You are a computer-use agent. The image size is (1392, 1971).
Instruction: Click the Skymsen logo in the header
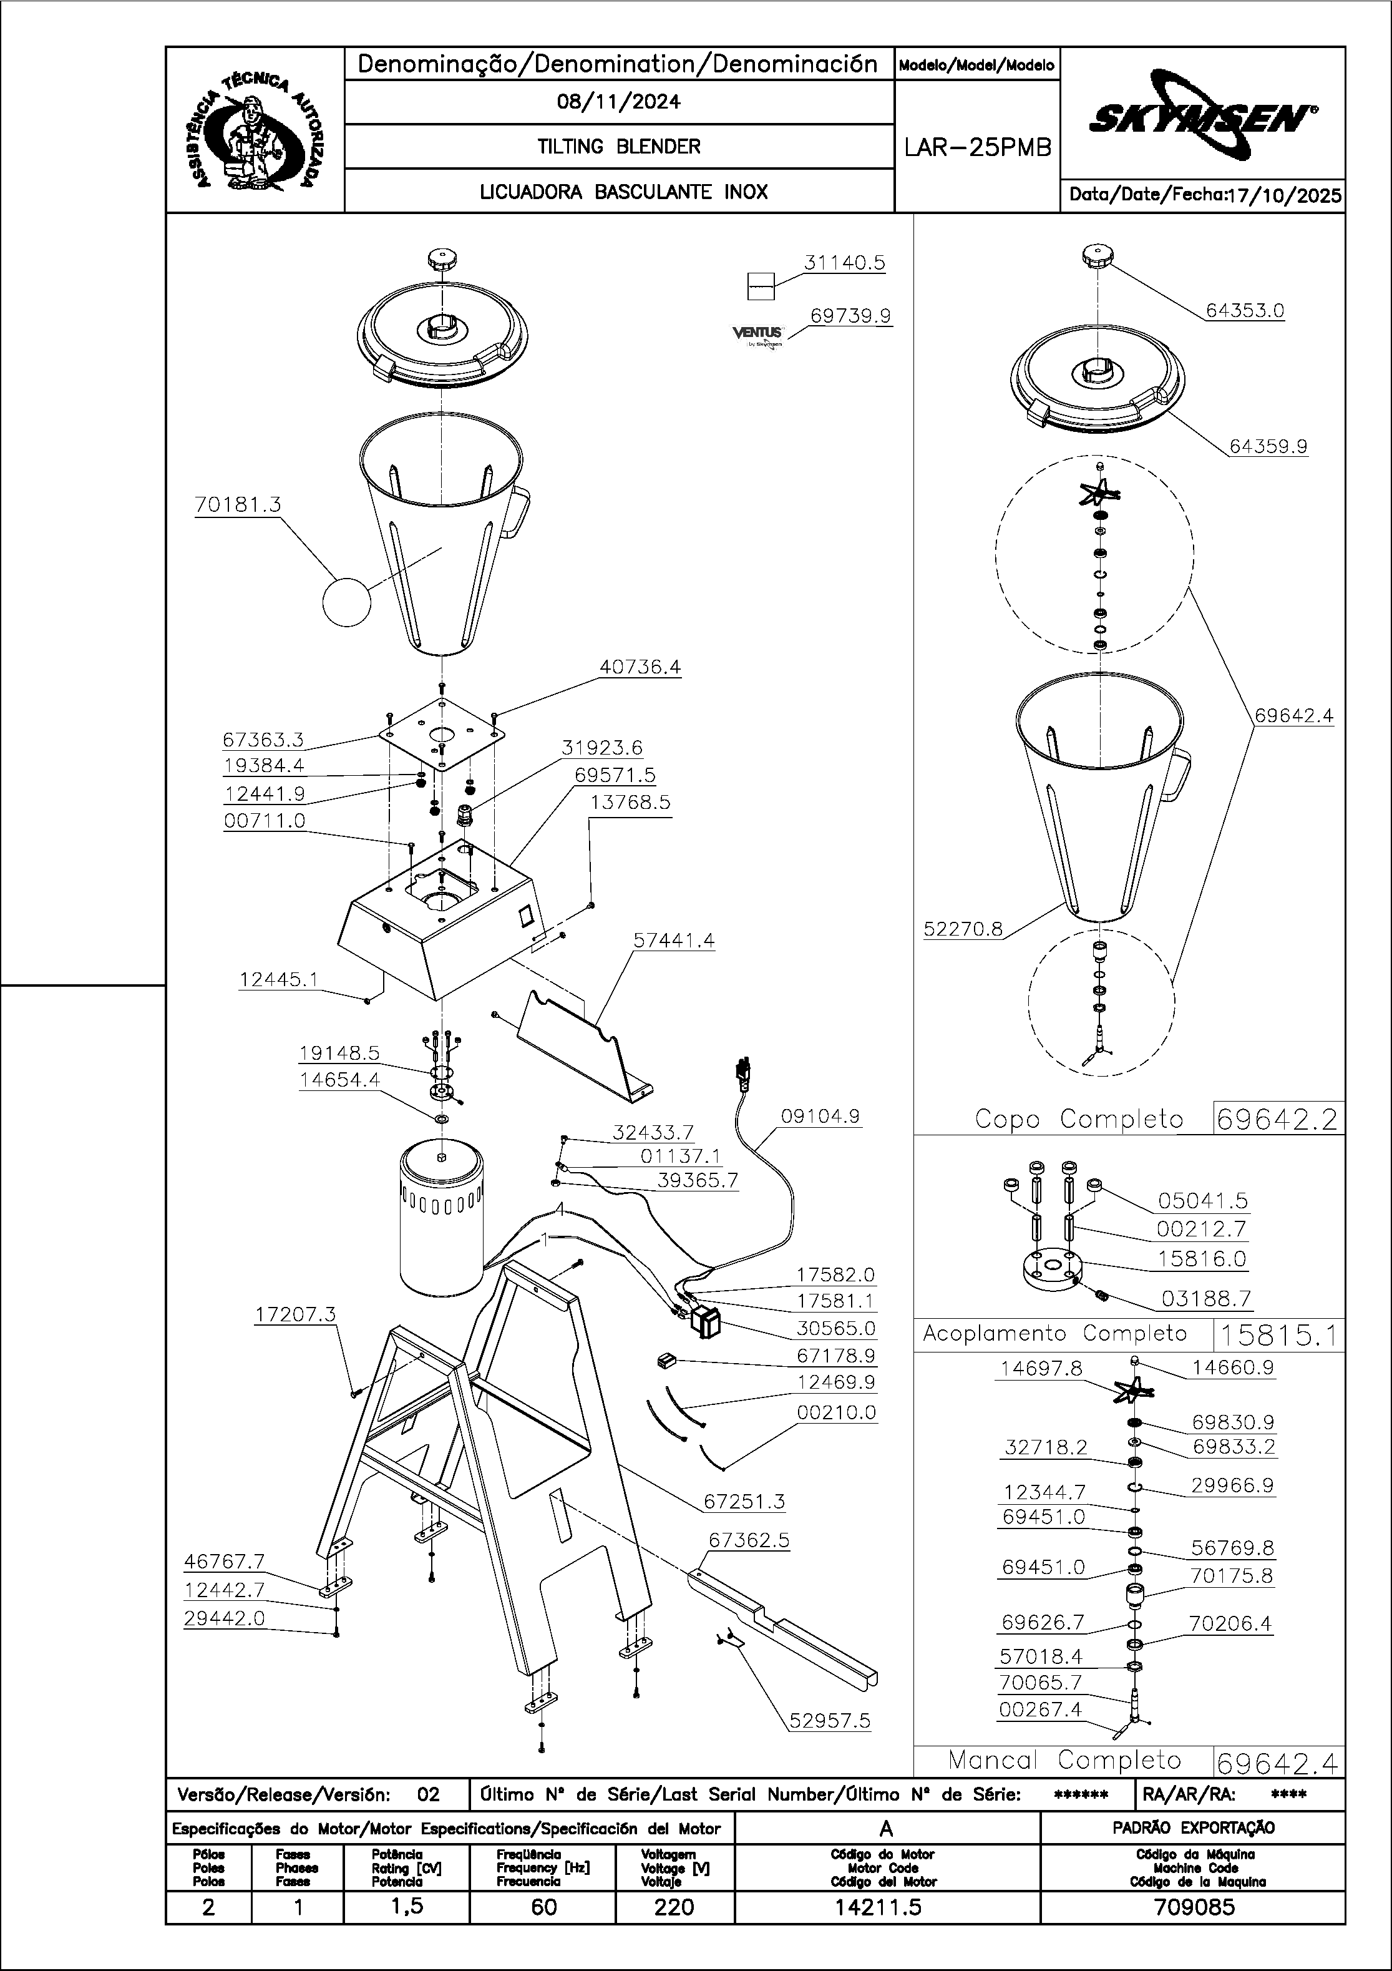click(x=1202, y=115)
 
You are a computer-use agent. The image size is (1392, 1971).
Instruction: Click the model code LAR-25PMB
click(x=978, y=148)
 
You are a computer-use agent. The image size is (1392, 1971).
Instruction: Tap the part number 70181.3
click(x=238, y=505)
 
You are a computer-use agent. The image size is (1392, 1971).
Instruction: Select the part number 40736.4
click(x=640, y=667)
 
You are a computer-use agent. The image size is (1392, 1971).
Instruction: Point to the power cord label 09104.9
click(x=820, y=1116)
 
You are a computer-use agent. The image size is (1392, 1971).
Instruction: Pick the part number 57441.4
click(x=674, y=940)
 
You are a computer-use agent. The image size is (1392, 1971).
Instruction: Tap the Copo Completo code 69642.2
click(x=1277, y=1120)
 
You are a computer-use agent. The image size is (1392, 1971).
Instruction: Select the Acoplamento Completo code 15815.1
click(x=1277, y=1335)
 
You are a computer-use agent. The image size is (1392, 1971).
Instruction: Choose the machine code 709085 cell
click(x=1194, y=1907)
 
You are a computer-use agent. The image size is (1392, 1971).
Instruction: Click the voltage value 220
click(x=674, y=1907)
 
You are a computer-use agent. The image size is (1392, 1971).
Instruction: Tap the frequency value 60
click(x=543, y=1907)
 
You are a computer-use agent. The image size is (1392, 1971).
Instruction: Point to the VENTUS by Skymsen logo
click(x=759, y=335)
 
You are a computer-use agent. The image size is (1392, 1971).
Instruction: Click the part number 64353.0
click(x=1244, y=311)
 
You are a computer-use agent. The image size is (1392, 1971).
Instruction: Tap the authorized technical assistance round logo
click(x=254, y=130)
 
